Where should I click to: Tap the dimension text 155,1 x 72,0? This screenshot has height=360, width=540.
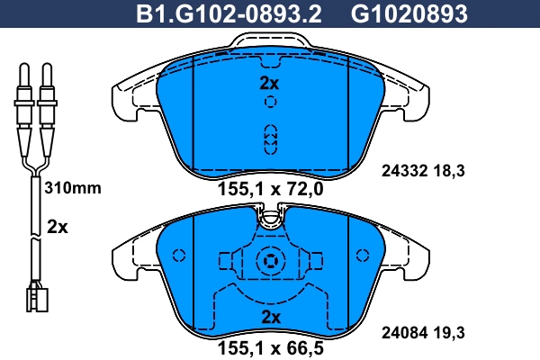pos(270,189)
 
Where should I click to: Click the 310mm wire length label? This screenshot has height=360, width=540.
pos(72,189)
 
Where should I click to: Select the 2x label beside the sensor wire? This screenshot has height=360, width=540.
pos(57,227)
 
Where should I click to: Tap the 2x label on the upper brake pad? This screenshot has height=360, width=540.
pos(270,83)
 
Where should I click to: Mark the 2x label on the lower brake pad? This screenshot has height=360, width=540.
pos(270,317)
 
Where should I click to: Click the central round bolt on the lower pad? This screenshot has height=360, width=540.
pos(270,262)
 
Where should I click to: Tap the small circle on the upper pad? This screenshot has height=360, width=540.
pos(270,103)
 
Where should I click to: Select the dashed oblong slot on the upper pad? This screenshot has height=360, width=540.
pos(270,139)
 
